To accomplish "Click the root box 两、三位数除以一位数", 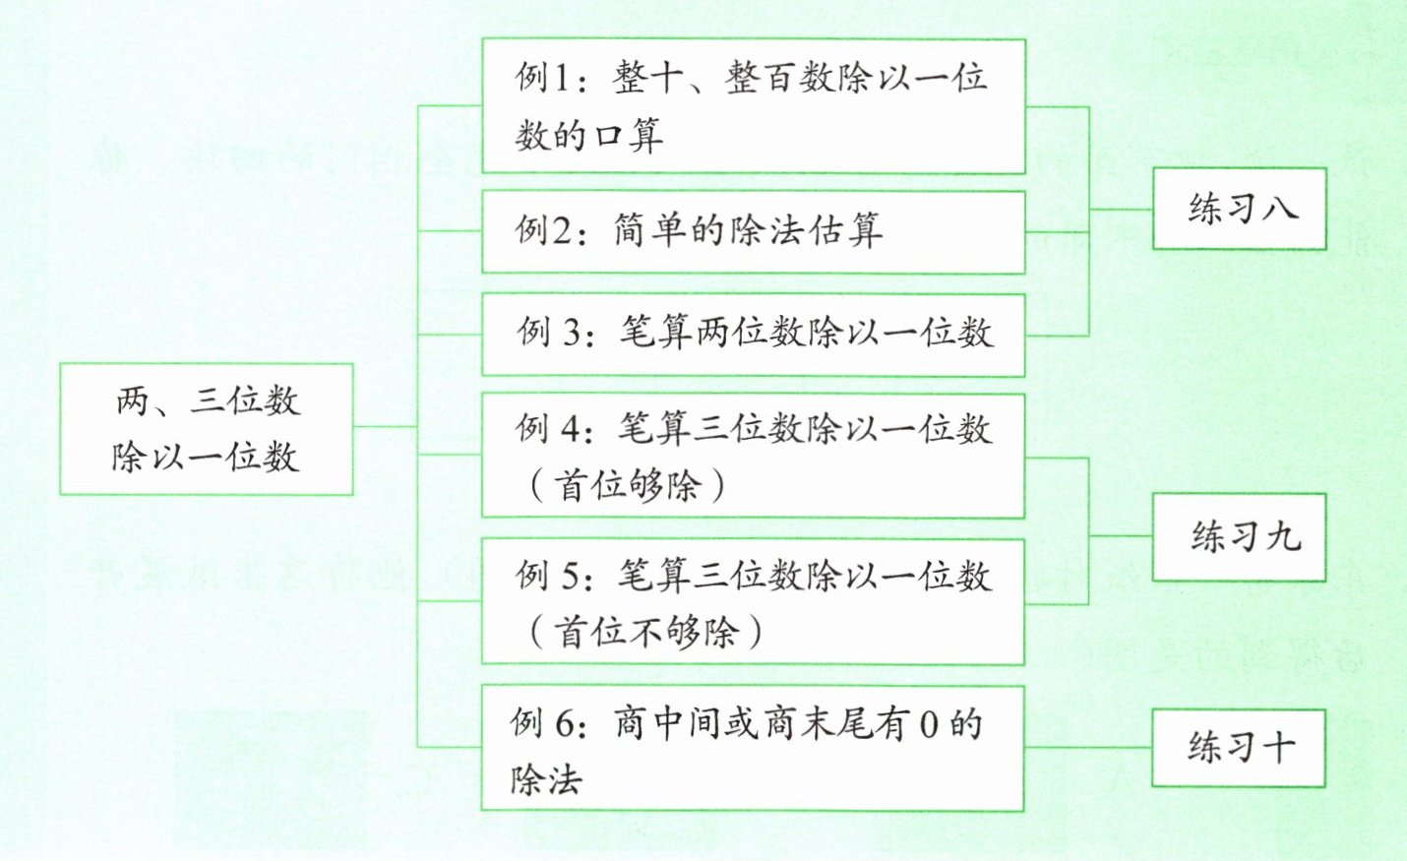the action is (x=206, y=429).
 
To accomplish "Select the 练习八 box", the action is (x=1239, y=209).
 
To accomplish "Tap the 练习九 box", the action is (x=1239, y=537).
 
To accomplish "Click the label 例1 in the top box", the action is (x=544, y=77).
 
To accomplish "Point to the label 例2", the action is (x=544, y=231).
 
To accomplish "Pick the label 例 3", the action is (x=549, y=334).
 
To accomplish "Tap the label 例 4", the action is (x=548, y=428).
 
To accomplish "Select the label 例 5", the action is (x=548, y=576).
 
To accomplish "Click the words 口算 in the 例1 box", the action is (x=627, y=135).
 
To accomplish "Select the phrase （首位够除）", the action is (x=627, y=485).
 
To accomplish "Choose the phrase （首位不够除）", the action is (x=645, y=632).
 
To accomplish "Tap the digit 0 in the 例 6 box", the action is (x=929, y=725).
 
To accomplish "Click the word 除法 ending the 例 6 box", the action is (x=546, y=780).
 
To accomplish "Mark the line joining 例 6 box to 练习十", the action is (x=1087, y=747).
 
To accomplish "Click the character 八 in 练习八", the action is (x=1280, y=209).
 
